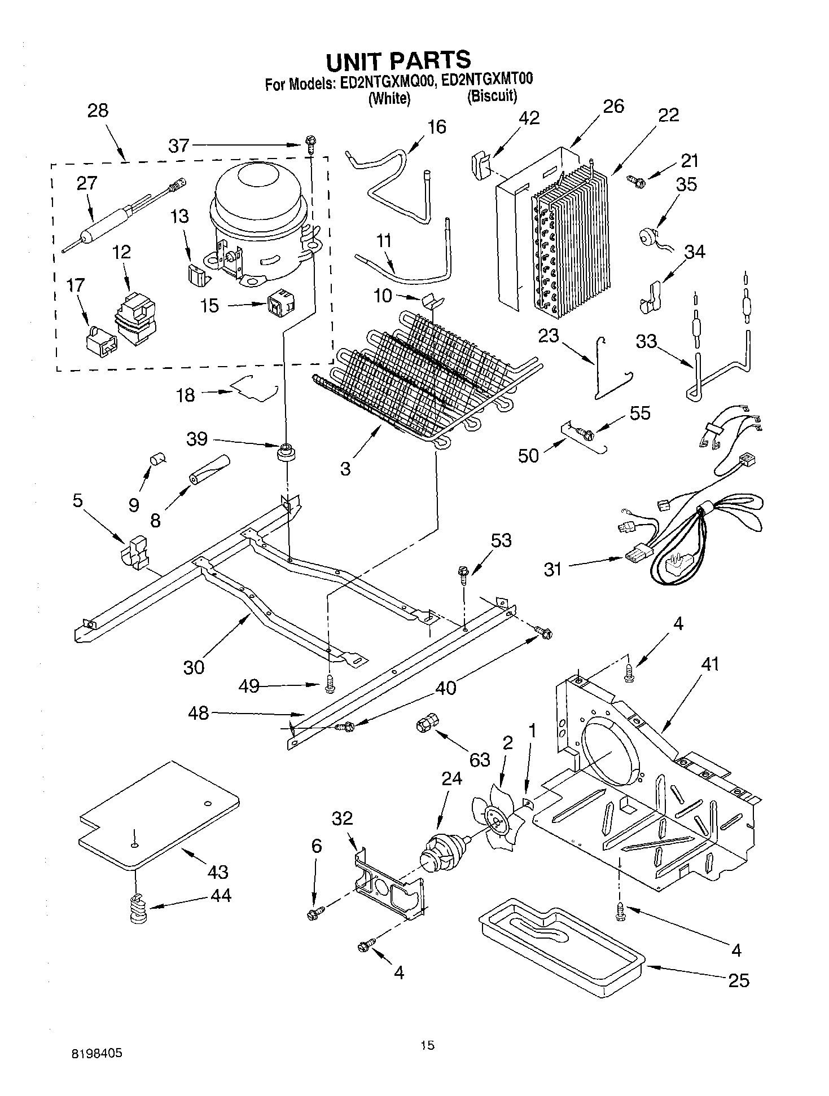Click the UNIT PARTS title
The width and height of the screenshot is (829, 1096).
398,60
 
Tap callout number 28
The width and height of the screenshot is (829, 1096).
98,110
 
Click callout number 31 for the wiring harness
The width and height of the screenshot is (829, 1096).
553,569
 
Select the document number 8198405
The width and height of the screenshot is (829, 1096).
98,1053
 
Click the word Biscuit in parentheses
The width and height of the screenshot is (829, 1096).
492,96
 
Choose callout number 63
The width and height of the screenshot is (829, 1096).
480,759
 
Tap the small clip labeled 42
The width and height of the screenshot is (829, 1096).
479,164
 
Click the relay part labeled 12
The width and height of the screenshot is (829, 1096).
135,320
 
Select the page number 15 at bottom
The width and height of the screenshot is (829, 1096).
427,1046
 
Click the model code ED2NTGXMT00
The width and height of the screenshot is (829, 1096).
488,81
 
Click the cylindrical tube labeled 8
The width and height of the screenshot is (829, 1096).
209,469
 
